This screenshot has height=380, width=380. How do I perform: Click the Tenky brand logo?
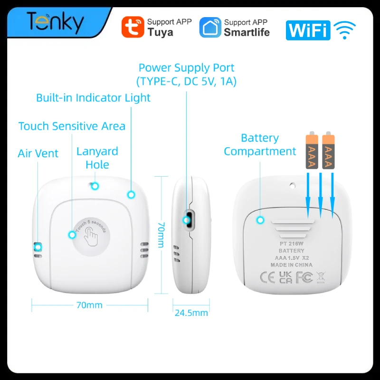click(x=56, y=23)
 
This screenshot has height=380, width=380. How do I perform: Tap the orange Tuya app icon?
click(x=133, y=27)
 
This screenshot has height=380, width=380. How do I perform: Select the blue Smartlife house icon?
click(x=210, y=28)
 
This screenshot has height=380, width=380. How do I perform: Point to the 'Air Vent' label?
click(x=38, y=153)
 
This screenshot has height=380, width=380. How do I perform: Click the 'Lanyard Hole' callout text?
click(x=97, y=158)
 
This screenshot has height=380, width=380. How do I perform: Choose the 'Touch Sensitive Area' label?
click(x=72, y=126)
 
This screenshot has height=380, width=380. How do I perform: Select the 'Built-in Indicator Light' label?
click(x=93, y=98)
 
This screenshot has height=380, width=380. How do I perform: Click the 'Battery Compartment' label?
click(x=260, y=145)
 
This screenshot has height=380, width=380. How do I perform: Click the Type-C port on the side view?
click(x=189, y=220)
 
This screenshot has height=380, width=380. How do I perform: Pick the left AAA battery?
click(x=312, y=150)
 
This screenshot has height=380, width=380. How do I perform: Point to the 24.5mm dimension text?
click(x=191, y=313)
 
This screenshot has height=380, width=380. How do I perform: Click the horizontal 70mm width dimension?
click(x=89, y=305)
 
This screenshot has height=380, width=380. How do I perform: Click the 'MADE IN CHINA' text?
click(x=292, y=265)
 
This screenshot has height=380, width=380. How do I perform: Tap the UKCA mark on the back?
click(x=285, y=277)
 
